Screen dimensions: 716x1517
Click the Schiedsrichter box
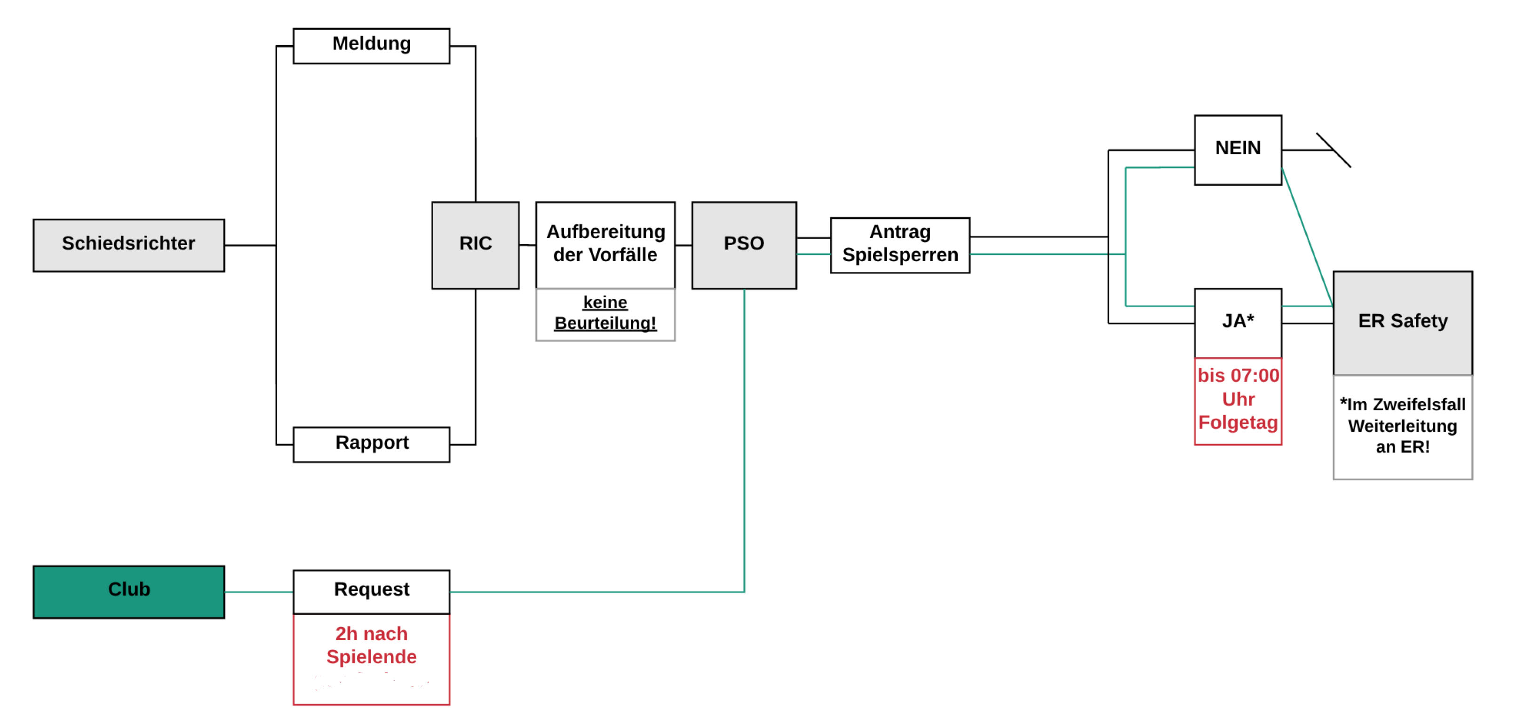(x=128, y=245)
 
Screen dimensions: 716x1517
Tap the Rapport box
(x=371, y=444)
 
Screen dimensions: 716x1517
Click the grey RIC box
(x=475, y=245)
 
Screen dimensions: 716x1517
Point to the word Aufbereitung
(x=605, y=231)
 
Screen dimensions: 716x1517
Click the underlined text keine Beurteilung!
(x=605, y=313)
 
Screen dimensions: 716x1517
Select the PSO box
(x=744, y=245)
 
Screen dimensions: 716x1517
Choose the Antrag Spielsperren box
(x=900, y=245)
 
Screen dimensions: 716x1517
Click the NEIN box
(x=1238, y=150)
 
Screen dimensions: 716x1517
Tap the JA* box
(x=1238, y=322)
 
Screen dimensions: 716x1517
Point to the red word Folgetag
(x=1238, y=423)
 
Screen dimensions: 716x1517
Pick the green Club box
(x=128, y=591)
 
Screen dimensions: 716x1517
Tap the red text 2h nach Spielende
(x=371, y=645)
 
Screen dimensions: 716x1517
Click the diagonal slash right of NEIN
(x=1334, y=150)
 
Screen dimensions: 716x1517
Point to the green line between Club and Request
(x=259, y=592)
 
